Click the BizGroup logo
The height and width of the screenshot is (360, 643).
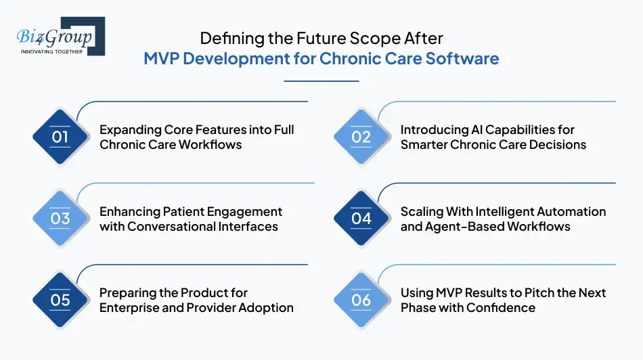tap(58, 37)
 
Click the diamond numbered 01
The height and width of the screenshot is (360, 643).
tap(60, 137)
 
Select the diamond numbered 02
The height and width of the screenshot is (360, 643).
tap(361, 137)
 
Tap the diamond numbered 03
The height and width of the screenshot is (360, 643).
tap(60, 218)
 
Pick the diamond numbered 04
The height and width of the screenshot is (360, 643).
tap(361, 218)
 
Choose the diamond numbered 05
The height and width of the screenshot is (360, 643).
tap(60, 300)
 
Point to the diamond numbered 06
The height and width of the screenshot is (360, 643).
tap(361, 300)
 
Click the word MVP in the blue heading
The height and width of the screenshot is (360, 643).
tap(161, 58)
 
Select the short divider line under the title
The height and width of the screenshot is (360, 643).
tap(321, 81)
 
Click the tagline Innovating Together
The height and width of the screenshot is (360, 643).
tap(51, 51)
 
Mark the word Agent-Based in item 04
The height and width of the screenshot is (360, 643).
tap(465, 226)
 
